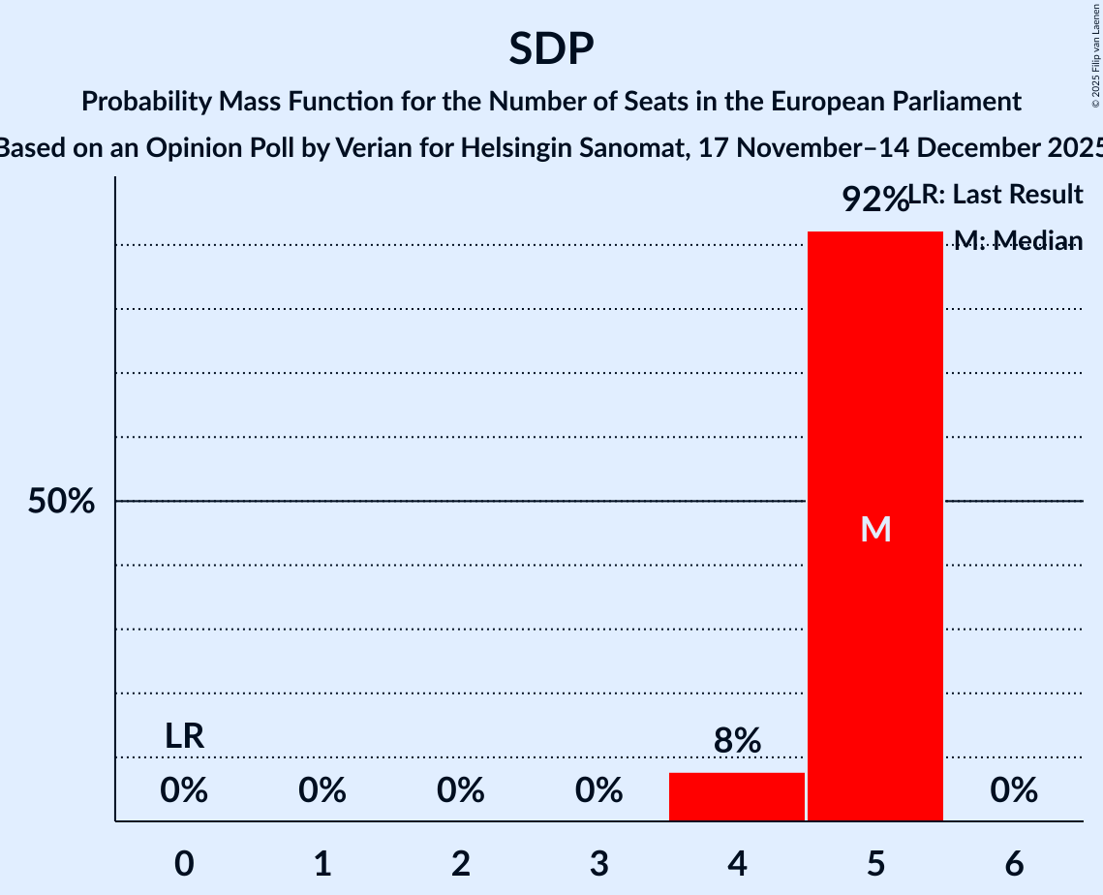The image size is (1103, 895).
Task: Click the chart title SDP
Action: (x=551, y=48)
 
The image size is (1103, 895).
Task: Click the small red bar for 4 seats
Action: (x=737, y=796)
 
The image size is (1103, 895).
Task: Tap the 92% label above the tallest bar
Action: (x=873, y=200)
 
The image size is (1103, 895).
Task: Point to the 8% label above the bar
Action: (x=737, y=741)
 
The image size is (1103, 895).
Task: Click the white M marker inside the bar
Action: (x=875, y=529)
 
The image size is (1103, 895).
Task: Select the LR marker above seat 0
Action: (x=184, y=736)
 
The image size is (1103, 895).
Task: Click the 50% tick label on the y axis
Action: (x=61, y=502)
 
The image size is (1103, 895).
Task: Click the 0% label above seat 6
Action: (x=1014, y=791)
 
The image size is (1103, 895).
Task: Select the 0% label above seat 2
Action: (x=461, y=791)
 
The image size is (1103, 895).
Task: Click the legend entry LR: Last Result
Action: (x=996, y=195)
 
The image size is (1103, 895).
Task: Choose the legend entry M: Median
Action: (x=1018, y=240)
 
